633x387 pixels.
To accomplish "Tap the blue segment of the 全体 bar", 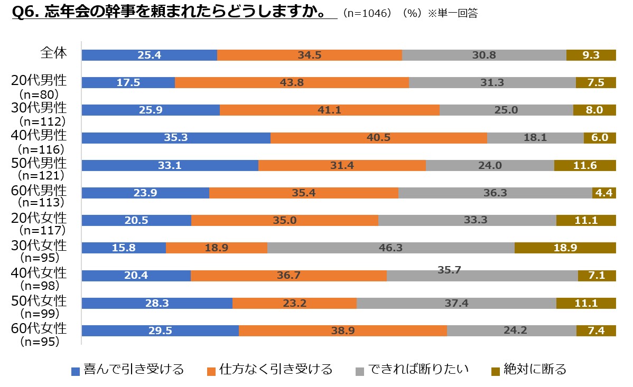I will (x=150, y=55).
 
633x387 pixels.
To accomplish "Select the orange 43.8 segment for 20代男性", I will (x=292, y=82).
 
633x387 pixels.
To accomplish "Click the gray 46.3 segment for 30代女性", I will (x=390, y=248).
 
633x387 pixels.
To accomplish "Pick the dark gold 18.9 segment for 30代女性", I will (x=565, y=248).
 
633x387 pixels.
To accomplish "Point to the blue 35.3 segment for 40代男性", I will (x=176, y=138).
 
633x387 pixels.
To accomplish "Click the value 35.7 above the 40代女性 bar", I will (x=450, y=270).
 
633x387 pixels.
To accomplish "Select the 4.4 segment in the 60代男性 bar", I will (x=604, y=193).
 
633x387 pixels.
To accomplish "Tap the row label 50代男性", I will (x=39, y=163).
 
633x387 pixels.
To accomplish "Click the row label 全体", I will (x=53, y=53).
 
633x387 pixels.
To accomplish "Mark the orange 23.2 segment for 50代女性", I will (x=294, y=303).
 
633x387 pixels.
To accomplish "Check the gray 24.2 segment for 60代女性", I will (x=511, y=331).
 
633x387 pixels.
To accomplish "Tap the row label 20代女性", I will (x=39, y=218).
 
